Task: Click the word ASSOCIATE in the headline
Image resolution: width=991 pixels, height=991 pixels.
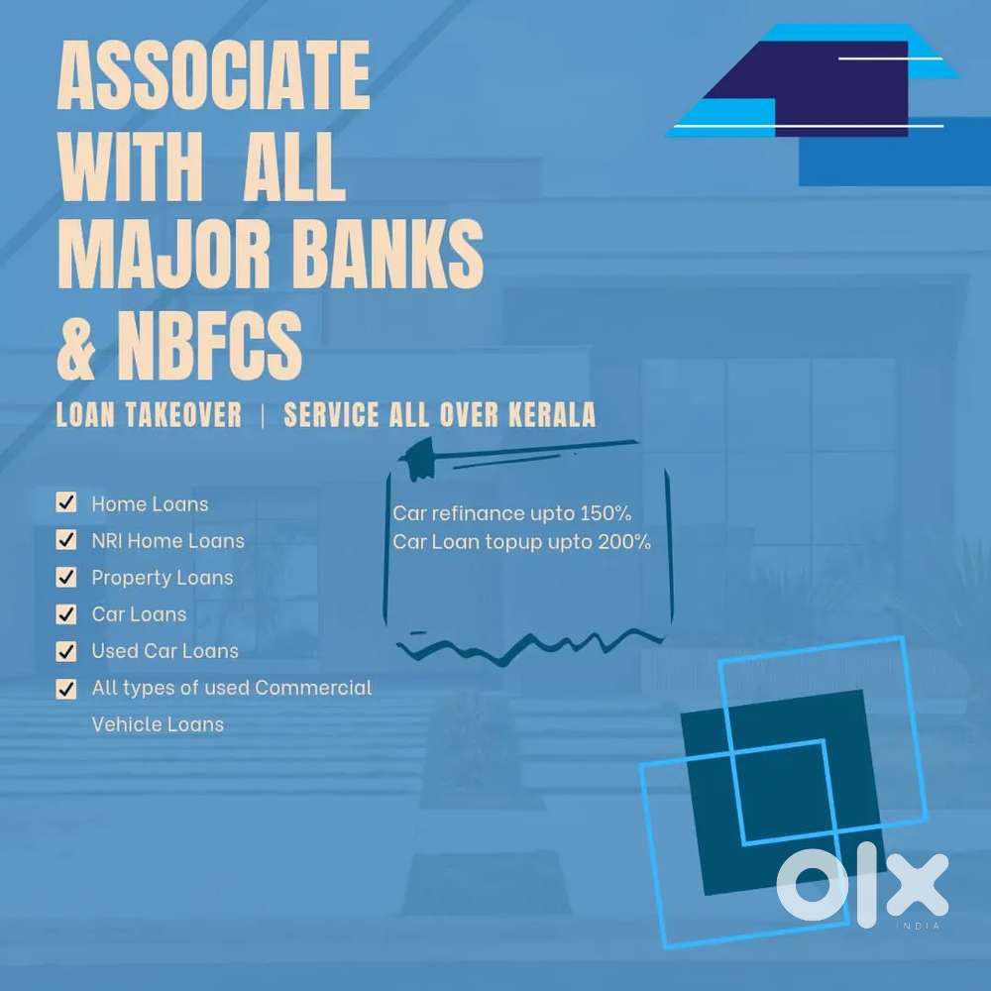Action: [x=214, y=75]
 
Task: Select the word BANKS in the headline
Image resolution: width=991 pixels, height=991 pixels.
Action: [x=388, y=254]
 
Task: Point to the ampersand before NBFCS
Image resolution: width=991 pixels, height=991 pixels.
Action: [x=76, y=345]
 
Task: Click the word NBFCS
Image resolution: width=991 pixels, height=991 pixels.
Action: [x=209, y=345]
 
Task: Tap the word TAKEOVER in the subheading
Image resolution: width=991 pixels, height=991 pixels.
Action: [x=184, y=414]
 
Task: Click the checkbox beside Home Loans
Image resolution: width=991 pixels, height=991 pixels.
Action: [x=66, y=503]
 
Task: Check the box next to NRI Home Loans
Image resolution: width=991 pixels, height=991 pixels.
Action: [x=66, y=540]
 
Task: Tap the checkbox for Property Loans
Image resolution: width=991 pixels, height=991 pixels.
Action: [x=66, y=577]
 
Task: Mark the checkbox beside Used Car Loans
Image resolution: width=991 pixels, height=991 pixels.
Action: [x=66, y=651]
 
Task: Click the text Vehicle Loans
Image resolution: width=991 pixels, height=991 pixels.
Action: [x=158, y=724]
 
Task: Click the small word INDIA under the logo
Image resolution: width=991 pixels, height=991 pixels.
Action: [x=919, y=926]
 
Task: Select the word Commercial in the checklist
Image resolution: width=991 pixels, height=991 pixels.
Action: [x=313, y=688]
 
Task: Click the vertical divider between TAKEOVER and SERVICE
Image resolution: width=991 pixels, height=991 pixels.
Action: [x=263, y=415]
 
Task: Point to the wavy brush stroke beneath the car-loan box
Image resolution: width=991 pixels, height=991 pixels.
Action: [x=529, y=646]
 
